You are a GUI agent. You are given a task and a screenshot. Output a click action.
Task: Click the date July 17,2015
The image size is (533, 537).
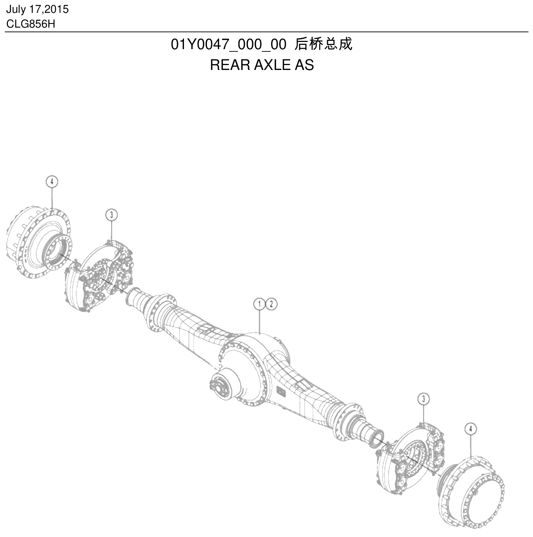[37, 9]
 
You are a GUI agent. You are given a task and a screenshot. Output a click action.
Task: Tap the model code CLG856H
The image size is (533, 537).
[31, 24]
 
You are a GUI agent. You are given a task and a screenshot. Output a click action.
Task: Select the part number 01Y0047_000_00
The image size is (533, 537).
[229, 45]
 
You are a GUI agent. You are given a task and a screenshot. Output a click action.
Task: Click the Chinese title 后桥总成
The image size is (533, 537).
[323, 44]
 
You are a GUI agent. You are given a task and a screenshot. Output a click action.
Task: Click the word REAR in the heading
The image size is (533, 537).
[230, 65]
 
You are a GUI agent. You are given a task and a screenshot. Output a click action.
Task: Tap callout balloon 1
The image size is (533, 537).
[259, 304]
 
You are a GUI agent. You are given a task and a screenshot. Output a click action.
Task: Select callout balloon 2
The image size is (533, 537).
[272, 304]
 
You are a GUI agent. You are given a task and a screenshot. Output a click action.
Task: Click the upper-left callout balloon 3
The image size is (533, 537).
[111, 215]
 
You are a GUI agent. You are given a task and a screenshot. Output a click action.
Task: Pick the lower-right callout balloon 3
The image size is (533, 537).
[423, 399]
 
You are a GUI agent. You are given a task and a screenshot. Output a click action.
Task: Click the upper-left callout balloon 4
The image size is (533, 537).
[52, 182]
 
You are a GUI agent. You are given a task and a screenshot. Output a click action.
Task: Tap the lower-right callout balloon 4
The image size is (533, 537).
[471, 429]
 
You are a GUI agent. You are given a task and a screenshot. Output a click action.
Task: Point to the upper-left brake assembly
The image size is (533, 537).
[99, 276]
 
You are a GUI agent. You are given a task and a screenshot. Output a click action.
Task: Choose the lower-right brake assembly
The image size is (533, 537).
[410, 460]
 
